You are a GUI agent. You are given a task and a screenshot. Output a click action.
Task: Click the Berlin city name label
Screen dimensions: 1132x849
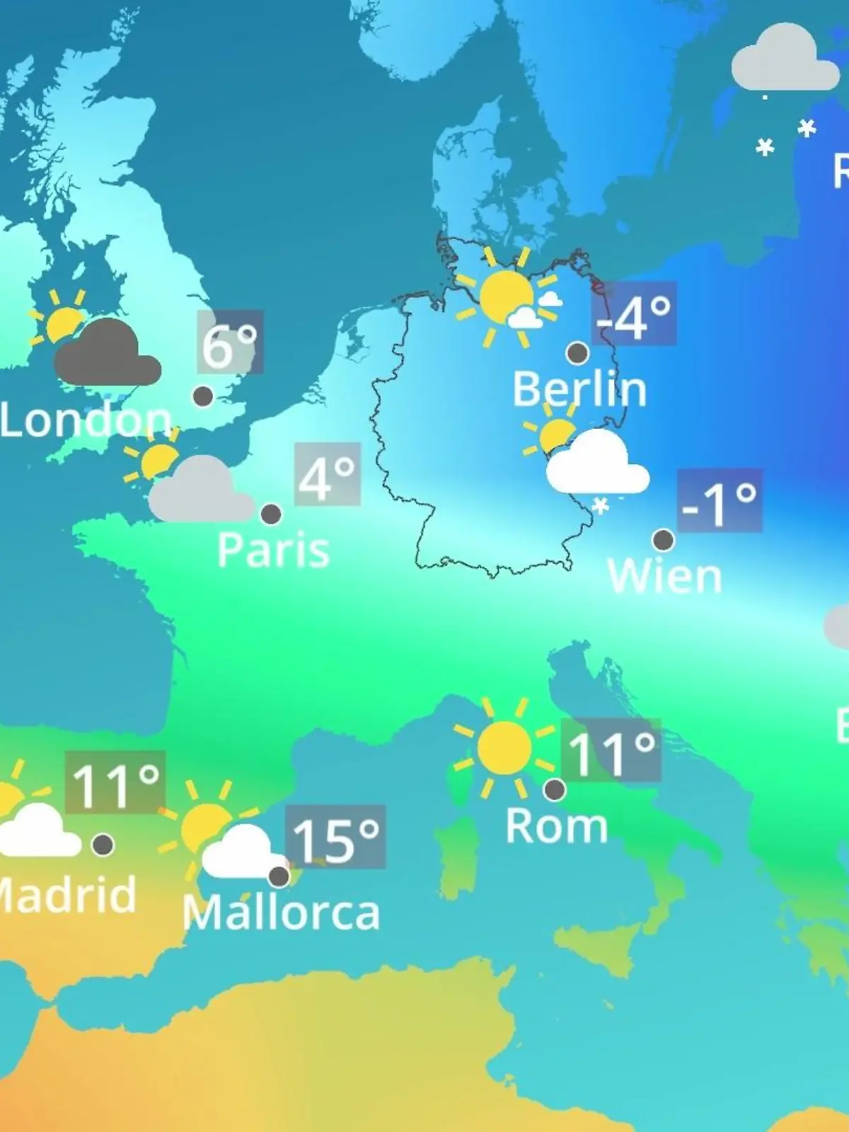pyautogui.click(x=579, y=389)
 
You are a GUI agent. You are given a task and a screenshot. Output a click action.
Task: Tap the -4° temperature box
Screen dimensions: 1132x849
pyautogui.click(x=634, y=313)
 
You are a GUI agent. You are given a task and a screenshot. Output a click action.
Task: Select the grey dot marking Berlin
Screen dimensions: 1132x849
pyautogui.click(x=578, y=352)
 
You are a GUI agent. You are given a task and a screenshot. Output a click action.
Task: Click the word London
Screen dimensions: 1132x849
pyautogui.click(x=86, y=420)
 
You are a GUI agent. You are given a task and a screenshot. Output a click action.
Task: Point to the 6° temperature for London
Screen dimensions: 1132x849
pyautogui.click(x=230, y=342)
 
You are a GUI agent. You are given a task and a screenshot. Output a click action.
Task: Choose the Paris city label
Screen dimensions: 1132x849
pyautogui.click(x=273, y=550)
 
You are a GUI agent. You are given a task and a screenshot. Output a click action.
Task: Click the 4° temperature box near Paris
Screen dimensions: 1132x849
pyautogui.click(x=327, y=475)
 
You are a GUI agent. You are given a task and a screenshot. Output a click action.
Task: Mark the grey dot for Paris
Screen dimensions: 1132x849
pyautogui.click(x=271, y=514)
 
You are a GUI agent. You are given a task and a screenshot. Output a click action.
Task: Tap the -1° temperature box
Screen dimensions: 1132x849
pyautogui.click(x=720, y=500)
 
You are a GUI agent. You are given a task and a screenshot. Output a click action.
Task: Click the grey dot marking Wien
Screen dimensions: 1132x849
pyautogui.click(x=663, y=540)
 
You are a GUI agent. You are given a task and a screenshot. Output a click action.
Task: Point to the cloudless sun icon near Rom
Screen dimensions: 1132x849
pyautogui.click(x=504, y=747)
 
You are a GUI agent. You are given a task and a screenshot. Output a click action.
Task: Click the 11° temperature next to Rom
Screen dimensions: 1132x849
pyautogui.click(x=611, y=751)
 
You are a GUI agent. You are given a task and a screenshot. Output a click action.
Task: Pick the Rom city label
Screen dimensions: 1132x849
pyautogui.click(x=556, y=826)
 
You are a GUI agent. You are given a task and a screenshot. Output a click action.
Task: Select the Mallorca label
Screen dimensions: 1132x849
pyautogui.click(x=281, y=913)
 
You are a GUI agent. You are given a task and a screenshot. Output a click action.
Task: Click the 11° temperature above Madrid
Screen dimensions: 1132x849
pyautogui.click(x=115, y=782)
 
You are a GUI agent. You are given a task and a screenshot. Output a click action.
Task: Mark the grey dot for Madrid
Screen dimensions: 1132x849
pyautogui.click(x=103, y=844)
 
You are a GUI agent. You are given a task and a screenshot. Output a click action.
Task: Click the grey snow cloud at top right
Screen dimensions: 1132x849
pyautogui.click(x=784, y=60)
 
